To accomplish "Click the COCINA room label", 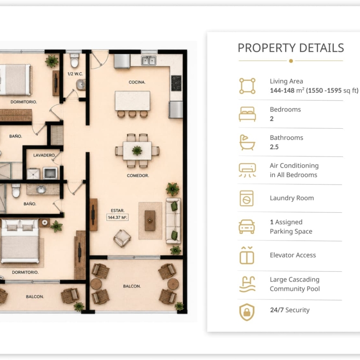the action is pos(137,82).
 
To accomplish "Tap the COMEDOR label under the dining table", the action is pos(138,176).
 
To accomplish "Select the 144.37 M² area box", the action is pos(118,217).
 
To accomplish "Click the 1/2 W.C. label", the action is pos(75,74).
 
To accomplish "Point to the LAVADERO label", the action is pos(44,155).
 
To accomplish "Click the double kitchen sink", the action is pos(149,60).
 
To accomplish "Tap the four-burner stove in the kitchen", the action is pos(176,83).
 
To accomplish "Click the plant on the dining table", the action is pos(137,151).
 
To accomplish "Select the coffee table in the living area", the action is pos(150,221).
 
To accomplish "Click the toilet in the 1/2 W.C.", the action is pos(74,60).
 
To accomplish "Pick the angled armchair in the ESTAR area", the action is pos(122,238).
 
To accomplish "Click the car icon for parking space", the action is pos(247,227).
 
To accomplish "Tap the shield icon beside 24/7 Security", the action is pos(247,312).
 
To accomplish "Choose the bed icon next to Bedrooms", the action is pos(247,114).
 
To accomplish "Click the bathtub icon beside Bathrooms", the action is pos(247,142).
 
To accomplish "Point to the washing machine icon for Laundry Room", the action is pos(246,198).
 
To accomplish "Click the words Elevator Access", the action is pos(293,255).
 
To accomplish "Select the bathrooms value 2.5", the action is pos(274,147).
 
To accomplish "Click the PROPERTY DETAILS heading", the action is pos(291,48).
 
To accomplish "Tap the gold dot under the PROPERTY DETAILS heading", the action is pos(291,61).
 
